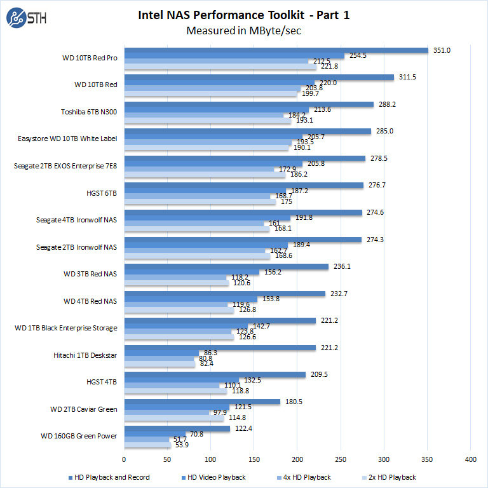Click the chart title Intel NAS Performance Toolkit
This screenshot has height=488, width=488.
[x=243, y=15]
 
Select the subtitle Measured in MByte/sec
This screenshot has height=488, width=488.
[x=243, y=30]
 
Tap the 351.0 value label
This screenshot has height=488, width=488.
[x=442, y=50]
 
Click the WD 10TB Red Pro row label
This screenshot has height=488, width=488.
[x=90, y=58]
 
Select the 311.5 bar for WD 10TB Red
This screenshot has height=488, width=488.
[x=259, y=78]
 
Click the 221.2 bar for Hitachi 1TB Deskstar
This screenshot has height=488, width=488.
[x=220, y=348]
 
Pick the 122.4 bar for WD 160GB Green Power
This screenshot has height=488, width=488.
[x=177, y=429]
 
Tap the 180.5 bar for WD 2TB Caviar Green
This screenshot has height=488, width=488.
[x=202, y=402]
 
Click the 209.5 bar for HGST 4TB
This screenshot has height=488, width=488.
[x=215, y=375]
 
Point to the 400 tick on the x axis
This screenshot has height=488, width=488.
[x=471, y=458]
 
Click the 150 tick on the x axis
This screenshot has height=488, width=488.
[x=254, y=458]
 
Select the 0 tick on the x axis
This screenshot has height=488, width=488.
[x=125, y=458]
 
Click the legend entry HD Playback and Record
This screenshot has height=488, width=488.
[x=109, y=477]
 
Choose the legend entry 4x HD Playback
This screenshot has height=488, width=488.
[x=302, y=477]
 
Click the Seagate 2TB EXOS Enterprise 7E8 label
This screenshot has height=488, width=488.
[x=65, y=166]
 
